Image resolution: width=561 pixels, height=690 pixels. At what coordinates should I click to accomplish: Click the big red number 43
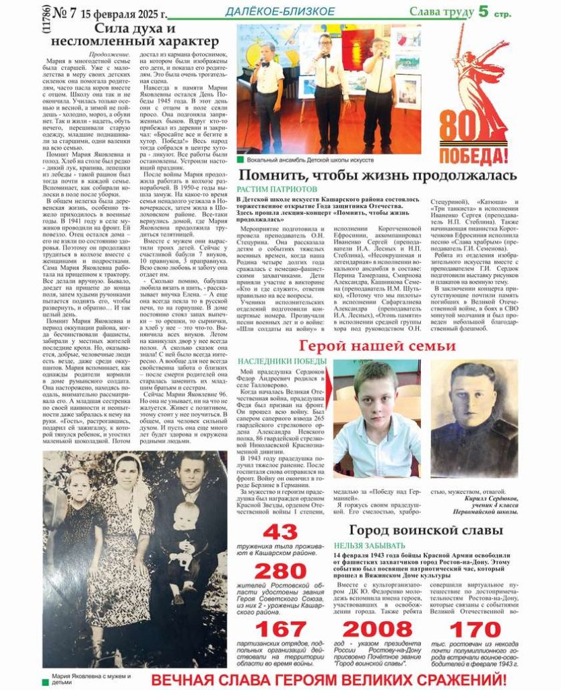coord(279,532)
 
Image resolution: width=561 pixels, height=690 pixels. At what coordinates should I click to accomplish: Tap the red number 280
coord(279,571)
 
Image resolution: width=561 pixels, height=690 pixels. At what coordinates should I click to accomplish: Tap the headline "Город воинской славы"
coord(426,530)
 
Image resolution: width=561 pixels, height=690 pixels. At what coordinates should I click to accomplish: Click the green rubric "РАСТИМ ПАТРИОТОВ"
coord(276,189)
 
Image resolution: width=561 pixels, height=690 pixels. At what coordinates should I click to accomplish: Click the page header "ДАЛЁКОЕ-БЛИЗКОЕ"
coord(279,11)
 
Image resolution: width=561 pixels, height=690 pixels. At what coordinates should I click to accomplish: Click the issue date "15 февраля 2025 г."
coord(124,13)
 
